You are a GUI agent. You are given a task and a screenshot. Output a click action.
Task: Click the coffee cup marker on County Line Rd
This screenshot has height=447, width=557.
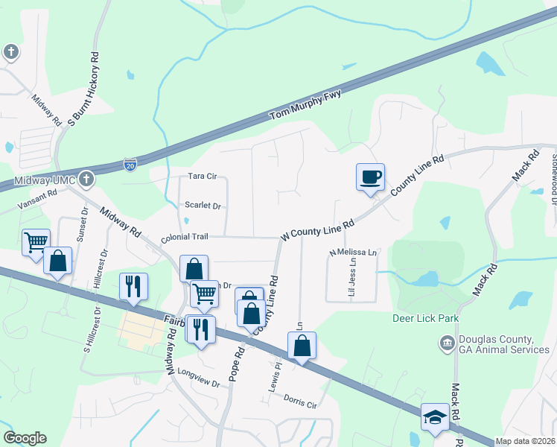click(x=370, y=177)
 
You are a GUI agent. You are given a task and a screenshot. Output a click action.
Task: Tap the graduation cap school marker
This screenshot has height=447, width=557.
click(x=435, y=417)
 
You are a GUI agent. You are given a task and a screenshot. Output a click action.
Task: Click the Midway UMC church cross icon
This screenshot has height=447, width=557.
click(x=87, y=179)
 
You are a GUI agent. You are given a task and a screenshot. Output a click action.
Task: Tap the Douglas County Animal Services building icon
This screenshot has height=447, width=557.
click(x=447, y=343)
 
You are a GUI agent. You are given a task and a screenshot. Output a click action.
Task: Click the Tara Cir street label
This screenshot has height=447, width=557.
click(x=202, y=177)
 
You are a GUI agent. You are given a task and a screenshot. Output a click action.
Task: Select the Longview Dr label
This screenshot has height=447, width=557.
click(x=200, y=384)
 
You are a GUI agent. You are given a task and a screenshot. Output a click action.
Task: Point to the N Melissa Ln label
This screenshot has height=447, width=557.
click(x=354, y=253)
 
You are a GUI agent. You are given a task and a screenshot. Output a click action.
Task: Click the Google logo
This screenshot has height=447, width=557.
click(x=25, y=438)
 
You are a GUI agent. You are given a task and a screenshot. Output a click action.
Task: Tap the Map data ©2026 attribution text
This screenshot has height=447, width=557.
click(x=525, y=441)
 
